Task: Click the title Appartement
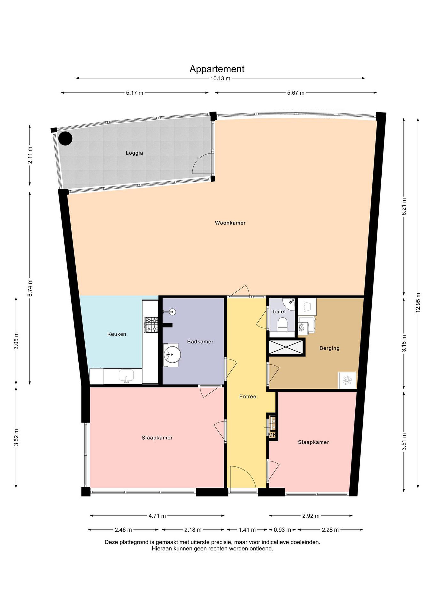217,69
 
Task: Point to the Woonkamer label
230,223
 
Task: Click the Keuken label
117,334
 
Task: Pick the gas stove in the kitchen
151,325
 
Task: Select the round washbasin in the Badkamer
172,355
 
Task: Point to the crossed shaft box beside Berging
287,347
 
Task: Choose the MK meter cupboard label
272,435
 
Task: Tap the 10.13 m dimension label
220,79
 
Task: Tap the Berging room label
329,348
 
